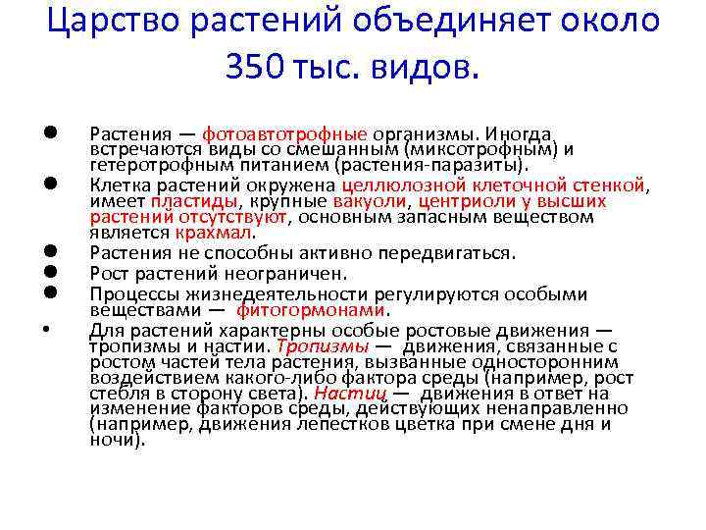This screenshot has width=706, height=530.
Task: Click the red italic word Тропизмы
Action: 323,345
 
